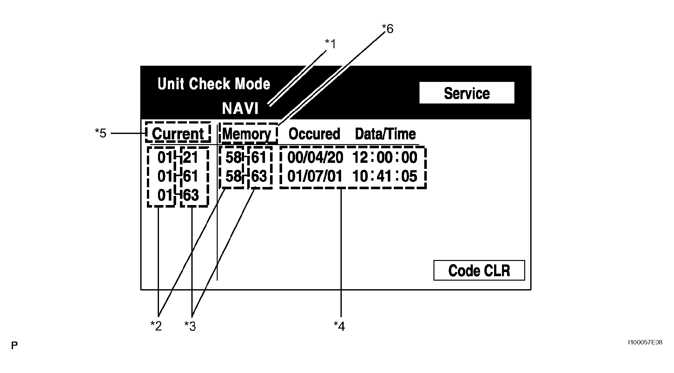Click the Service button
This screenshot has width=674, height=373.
[x=467, y=93]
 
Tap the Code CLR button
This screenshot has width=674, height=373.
[x=479, y=270]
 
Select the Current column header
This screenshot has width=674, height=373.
[x=178, y=134]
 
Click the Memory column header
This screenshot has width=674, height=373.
[x=247, y=134]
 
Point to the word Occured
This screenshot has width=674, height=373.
[x=314, y=134]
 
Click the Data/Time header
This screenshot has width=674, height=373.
[x=385, y=134]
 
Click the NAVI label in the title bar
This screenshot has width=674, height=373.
[x=240, y=109]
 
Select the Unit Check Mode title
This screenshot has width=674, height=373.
[x=214, y=84]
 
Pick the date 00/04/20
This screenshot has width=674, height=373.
[x=315, y=158]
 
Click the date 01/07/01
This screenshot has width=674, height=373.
[x=315, y=176]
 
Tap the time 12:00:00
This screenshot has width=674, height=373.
[x=385, y=157]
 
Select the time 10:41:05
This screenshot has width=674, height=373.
[x=385, y=176]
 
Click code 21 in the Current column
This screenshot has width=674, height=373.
[x=190, y=157]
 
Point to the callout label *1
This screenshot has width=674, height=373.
[x=330, y=44]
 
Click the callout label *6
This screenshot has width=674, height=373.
[x=387, y=29]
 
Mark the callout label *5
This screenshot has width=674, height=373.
[x=101, y=133]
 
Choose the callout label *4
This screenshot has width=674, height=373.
[x=339, y=326]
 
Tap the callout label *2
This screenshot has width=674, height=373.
[x=156, y=326]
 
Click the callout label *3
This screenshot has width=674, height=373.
[x=190, y=326]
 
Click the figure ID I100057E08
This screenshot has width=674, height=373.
[x=645, y=343]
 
